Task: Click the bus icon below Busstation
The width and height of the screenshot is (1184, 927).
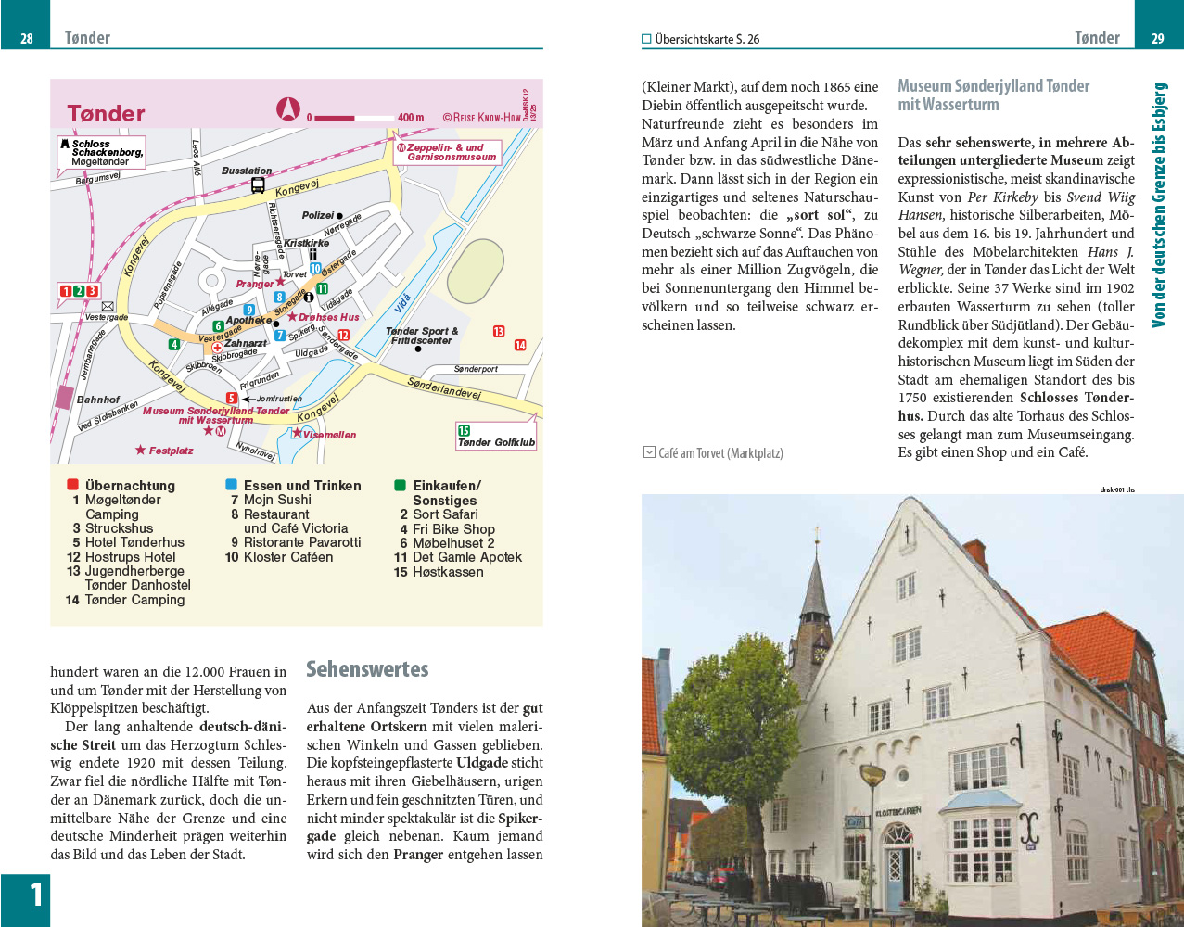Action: [258, 185]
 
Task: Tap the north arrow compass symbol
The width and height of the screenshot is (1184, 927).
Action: [288, 109]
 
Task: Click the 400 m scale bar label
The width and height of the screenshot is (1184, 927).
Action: [411, 118]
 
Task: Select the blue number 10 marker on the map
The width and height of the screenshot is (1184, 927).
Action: [315, 268]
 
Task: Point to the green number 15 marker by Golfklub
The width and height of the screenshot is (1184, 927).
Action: [464, 430]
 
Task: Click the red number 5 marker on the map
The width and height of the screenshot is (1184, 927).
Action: [232, 399]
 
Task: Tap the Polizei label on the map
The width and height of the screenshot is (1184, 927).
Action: [318, 215]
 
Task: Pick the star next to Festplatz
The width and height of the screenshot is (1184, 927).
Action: [140, 451]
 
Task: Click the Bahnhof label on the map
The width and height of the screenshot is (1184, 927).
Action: [98, 400]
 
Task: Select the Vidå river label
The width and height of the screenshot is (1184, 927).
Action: [402, 303]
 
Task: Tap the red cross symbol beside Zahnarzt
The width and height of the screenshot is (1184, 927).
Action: [217, 348]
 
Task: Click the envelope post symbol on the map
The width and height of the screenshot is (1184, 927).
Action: [108, 306]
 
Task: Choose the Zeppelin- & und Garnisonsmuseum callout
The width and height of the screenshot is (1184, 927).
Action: [450, 152]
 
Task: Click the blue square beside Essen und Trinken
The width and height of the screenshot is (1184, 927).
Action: [231, 485]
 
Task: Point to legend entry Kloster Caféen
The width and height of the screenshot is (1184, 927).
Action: [287, 557]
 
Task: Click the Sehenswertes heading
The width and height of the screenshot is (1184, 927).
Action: [367, 669]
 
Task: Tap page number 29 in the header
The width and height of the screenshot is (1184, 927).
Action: [1158, 39]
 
